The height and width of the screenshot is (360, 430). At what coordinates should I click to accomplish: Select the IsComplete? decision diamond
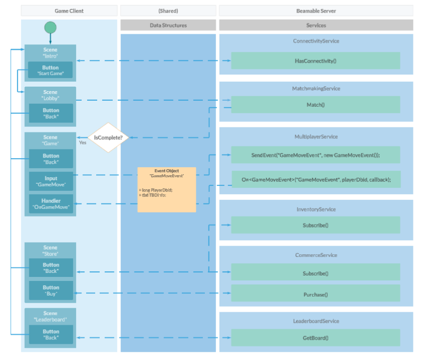[x=109, y=137]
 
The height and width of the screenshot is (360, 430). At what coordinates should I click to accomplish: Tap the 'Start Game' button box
[x=50, y=70]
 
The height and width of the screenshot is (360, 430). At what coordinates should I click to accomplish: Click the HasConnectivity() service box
[x=315, y=60]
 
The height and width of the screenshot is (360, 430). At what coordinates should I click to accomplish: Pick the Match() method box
[x=315, y=105]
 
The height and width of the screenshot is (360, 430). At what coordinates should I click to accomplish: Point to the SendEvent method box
[x=315, y=155]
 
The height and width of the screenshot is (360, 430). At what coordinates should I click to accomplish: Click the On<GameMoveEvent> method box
[x=315, y=179]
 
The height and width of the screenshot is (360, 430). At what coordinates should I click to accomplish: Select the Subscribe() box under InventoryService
[x=315, y=225]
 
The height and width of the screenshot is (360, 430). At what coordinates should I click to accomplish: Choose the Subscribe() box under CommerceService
[x=315, y=273]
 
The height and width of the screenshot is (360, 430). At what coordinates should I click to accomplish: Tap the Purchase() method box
[x=315, y=295]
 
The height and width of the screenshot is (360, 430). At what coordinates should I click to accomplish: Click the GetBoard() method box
[x=315, y=338]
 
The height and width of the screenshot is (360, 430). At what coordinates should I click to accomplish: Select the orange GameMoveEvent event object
[x=166, y=189]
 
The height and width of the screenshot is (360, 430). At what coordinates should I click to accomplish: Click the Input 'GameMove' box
[x=51, y=181]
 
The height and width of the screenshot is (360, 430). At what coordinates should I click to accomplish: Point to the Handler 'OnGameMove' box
[x=51, y=203]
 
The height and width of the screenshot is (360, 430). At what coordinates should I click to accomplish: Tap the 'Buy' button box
[x=51, y=291]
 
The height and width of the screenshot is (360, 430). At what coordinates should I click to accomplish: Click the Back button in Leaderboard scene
[x=51, y=334]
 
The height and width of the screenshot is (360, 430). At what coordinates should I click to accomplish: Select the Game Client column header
[x=69, y=11]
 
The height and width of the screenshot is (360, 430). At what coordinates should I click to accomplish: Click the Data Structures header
[x=168, y=25]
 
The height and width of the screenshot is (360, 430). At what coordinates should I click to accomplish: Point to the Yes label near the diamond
[x=83, y=142]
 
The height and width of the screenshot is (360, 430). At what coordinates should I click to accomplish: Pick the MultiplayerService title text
[x=316, y=136]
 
